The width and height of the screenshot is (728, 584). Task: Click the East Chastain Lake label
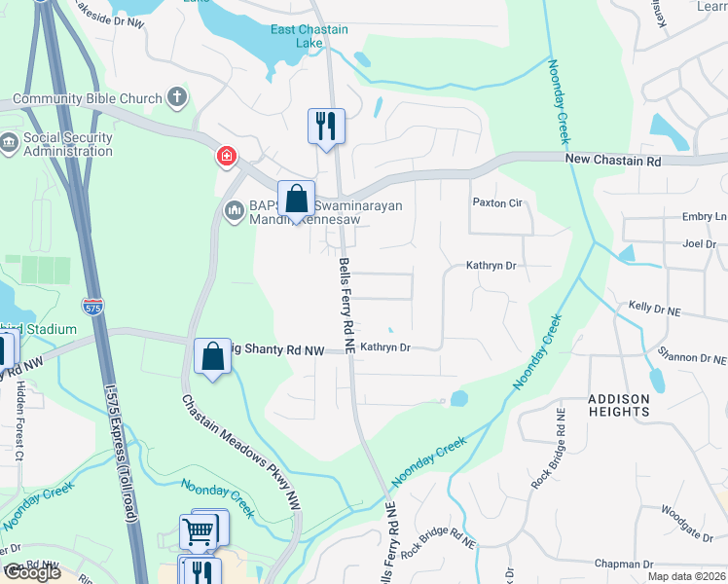pyautogui.click(x=309, y=37)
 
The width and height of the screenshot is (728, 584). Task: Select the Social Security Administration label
pyautogui.click(x=68, y=144)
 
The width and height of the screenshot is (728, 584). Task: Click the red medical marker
pyautogui.click(x=226, y=156)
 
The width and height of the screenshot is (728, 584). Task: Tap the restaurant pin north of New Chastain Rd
pyautogui.click(x=325, y=127)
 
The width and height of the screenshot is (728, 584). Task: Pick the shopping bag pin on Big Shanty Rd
pyautogui.click(x=212, y=357)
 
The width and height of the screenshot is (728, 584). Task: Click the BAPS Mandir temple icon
pyautogui.click(x=234, y=210)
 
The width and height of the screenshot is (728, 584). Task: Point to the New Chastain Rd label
pyautogui.click(x=612, y=160)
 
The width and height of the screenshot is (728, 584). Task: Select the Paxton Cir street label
pyautogui.click(x=497, y=203)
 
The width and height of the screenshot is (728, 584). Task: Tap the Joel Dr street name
pyautogui.click(x=699, y=243)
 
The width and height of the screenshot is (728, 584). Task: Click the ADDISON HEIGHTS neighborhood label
pyautogui.click(x=618, y=405)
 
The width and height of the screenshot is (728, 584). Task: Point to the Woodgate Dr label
pyautogui.click(x=688, y=509)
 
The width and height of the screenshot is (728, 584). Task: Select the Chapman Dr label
pyautogui.click(x=623, y=564)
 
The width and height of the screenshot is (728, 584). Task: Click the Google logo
pyautogui.click(x=32, y=572)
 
